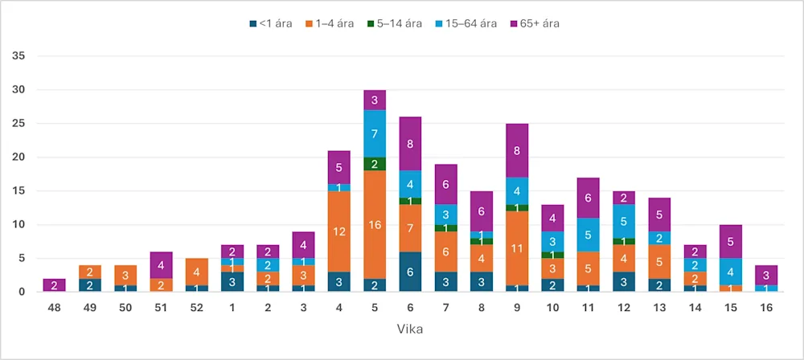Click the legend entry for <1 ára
coord(269,23)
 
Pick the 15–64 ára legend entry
coord(461,23)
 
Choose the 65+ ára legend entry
coord(534,23)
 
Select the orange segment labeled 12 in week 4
coord(338,231)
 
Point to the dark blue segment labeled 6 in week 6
coord(410,272)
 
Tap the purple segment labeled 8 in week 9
coord(517,150)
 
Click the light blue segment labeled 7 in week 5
coord(375,133)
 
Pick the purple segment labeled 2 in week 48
coord(55,285)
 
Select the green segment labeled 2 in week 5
coord(375,164)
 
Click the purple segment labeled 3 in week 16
coord(767,275)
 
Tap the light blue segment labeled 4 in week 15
coord(731,272)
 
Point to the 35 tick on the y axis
coord(19,56)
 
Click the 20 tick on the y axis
coord(19,157)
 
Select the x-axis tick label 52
coord(197,308)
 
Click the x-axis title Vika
coord(411,330)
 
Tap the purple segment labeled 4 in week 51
coord(161,265)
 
